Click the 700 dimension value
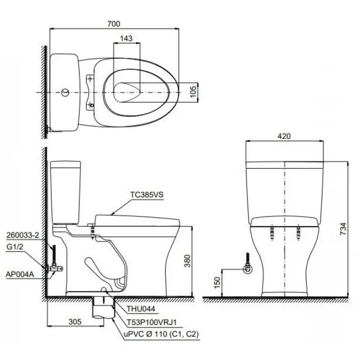114,24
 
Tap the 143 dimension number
126,38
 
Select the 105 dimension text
193,91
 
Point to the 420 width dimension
284,136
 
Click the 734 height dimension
343,229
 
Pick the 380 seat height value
188,261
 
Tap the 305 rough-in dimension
75,322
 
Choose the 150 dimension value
217,283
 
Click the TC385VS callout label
147,194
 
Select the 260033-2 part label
23,235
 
